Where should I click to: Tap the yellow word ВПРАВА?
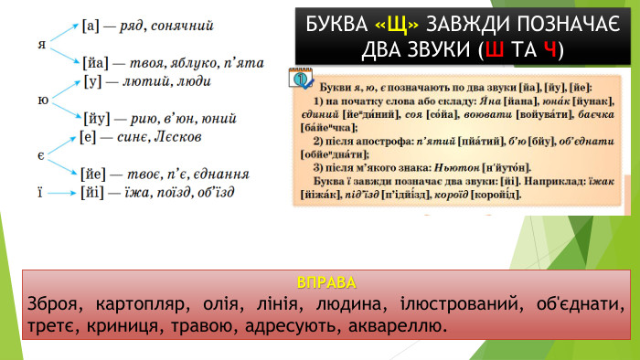(326, 280)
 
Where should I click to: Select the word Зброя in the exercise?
(52, 302)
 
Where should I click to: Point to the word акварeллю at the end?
(400, 325)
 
